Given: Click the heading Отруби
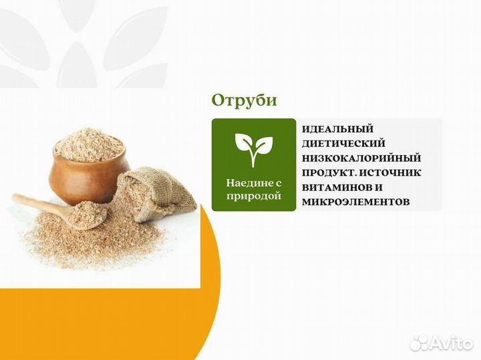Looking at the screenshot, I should pos(244,100).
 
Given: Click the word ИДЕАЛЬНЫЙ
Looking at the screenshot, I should pos(337,129).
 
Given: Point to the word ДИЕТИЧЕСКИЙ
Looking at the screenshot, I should pos(343,143).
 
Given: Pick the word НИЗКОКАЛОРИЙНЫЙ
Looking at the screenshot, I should pos(361,158).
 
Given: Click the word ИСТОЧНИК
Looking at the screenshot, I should pos(391,172).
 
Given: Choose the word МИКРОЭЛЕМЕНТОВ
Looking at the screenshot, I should pos(355,201).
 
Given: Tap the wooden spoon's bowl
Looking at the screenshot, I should pos(89,212).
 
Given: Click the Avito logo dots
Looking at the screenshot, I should pos(419,342).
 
